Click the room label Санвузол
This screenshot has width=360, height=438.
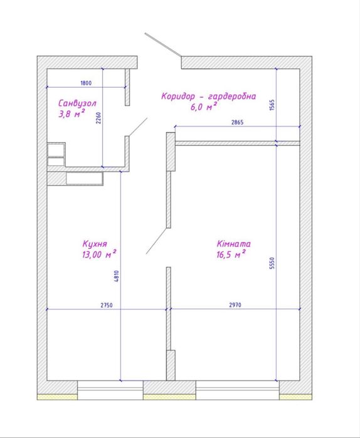click(77, 103)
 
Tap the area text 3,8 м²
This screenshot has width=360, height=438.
click(71, 113)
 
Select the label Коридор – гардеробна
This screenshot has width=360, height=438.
click(208, 96)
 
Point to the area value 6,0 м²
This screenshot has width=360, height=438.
click(204, 107)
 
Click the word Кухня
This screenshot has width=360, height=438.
click(95, 244)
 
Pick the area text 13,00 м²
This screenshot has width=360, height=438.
click(99, 254)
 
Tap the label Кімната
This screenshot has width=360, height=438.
click(234, 244)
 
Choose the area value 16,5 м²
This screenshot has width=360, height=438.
click(231, 254)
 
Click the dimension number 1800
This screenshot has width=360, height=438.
click(86, 83)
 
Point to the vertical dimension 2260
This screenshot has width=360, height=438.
click(98, 118)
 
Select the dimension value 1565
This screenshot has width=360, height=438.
click(272, 105)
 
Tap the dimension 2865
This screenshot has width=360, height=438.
click(237, 122)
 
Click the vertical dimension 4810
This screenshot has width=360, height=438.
click(116, 276)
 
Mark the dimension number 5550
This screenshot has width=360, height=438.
click(272, 263)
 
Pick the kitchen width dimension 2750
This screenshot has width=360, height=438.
click(107, 305)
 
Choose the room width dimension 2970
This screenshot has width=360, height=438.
click(235, 305)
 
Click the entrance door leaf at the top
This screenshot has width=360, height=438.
click(163, 44)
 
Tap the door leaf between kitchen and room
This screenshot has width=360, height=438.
click(157, 241)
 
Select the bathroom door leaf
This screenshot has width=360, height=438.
click(138, 127)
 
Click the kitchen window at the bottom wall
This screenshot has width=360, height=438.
click(110, 390)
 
